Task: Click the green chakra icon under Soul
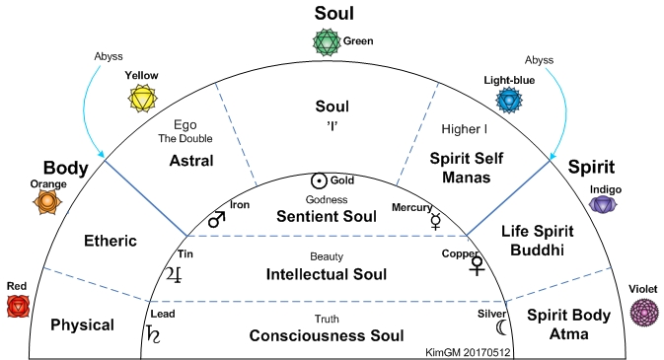click(x=327, y=42)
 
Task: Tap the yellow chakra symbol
click(x=143, y=99)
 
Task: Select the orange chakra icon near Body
click(x=47, y=201)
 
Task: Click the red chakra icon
click(x=18, y=306)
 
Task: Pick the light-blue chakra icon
click(x=509, y=101)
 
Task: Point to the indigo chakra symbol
click(x=603, y=204)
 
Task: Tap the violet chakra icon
click(x=644, y=312)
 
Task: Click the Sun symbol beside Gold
click(x=319, y=180)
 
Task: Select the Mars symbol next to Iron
click(x=217, y=219)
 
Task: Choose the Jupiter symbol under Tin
click(x=175, y=275)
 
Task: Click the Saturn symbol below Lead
click(x=153, y=334)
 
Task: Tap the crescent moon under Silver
click(x=501, y=327)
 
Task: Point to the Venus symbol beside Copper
click(x=477, y=266)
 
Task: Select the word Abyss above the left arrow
click(x=109, y=56)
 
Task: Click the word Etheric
click(x=111, y=241)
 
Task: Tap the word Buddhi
click(x=537, y=250)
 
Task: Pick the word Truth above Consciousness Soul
click(x=327, y=319)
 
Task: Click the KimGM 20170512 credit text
click(x=468, y=352)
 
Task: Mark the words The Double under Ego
click(x=185, y=138)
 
